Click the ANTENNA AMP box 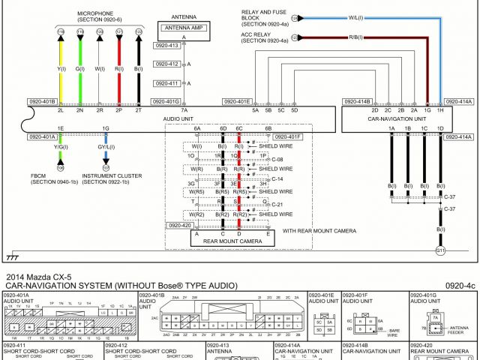(x=183, y=28)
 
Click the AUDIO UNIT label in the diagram (x=177, y=118)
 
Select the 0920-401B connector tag (x=42, y=100)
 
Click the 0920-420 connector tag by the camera (x=180, y=225)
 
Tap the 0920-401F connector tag (x=286, y=137)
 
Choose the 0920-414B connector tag (x=356, y=100)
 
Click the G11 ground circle (x=440, y=250)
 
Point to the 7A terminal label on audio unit (x=184, y=110)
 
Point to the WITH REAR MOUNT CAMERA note (x=321, y=231)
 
